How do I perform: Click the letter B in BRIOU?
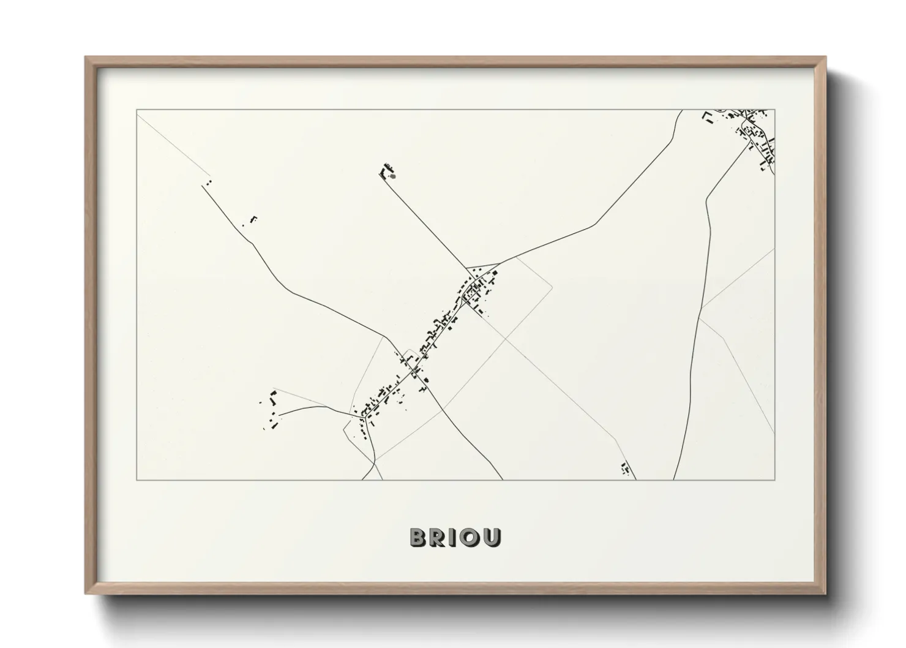pyautogui.click(x=419, y=537)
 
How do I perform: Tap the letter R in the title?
pyautogui.click(x=439, y=537)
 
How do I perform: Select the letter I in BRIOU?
pyautogui.click(x=454, y=537)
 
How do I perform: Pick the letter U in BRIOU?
pyautogui.click(x=492, y=537)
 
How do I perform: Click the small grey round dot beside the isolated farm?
pyautogui.click(x=393, y=176)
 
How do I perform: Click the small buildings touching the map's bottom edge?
pyautogui.click(x=625, y=470)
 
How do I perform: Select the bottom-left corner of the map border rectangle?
pyautogui.click(x=137, y=480)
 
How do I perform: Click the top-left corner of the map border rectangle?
pyautogui.click(x=137, y=110)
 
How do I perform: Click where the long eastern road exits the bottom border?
pyautogui.click(x=673, y=480)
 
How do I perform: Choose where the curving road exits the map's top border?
pyautogui.click(x=681, y=110)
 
